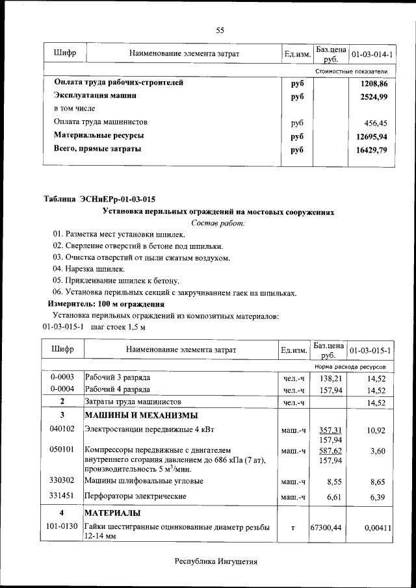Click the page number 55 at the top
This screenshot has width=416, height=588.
pos(220,31)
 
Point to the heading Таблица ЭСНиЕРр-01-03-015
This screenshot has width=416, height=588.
pos(99,199)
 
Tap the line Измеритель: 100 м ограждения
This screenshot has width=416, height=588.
pos(106,304)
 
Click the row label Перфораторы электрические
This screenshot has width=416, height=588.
pos(136,496)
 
